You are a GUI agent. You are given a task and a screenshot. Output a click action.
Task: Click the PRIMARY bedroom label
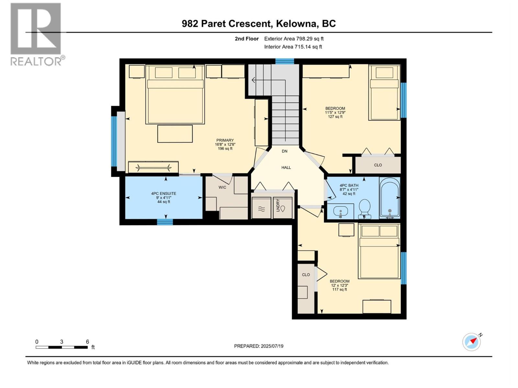[225, 140]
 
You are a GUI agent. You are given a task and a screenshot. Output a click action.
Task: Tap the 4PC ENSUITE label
[163, 194]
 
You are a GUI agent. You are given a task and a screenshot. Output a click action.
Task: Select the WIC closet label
[222, 187]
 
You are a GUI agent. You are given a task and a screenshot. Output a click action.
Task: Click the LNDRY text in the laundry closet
[278, 205]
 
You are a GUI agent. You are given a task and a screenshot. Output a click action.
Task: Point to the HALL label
[286, 167]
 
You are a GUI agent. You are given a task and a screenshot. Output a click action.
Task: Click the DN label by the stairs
[285, 151]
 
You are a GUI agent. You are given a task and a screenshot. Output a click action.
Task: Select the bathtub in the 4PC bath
[390, 197]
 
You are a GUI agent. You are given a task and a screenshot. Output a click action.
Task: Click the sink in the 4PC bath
[340, 212]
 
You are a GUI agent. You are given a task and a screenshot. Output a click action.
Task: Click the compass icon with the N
[472, 342]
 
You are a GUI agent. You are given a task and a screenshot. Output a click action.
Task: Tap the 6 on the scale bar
[87, 342]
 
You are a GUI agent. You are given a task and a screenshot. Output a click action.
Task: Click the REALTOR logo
[36, 34]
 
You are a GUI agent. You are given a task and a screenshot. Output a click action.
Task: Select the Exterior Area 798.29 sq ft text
[294, 39]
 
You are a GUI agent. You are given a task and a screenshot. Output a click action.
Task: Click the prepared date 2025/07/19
[259, 346]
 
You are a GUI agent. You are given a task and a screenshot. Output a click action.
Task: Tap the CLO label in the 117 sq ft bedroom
[306, 275]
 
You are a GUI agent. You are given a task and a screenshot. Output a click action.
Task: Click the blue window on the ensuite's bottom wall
[165, 222]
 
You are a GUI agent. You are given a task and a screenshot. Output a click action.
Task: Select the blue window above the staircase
[285, 61]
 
